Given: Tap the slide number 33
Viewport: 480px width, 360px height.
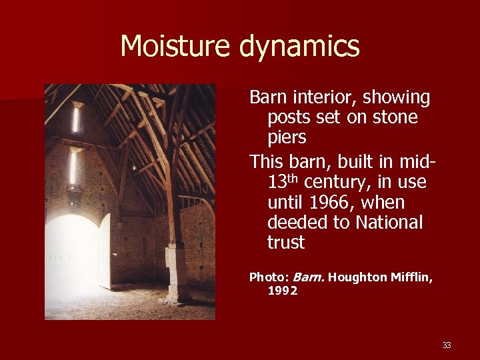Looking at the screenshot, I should [447, 345].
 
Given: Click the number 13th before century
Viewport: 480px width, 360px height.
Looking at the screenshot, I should [283, 181].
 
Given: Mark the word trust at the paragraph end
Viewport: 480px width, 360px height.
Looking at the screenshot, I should [285, 243].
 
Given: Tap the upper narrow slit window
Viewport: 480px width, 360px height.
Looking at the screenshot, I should [76, 118].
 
